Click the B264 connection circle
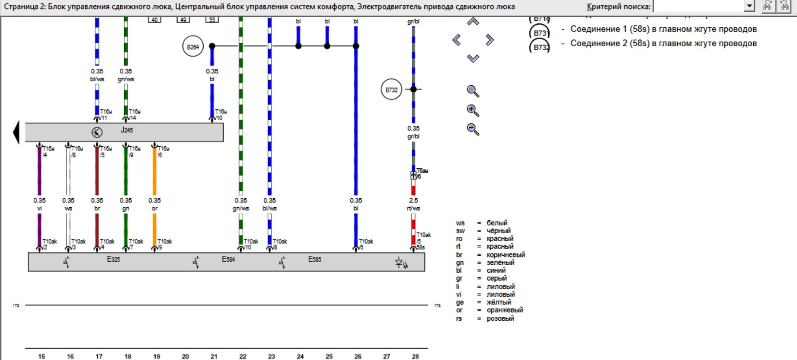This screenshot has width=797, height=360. [193, 47]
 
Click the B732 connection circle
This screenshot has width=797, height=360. [391, 90]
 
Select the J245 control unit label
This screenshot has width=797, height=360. [127, 130]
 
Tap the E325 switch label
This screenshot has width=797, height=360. [113, 259]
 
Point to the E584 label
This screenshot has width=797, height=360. [228, 259]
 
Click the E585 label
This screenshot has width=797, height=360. [314, 259]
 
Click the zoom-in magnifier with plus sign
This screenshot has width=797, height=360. [473, 110]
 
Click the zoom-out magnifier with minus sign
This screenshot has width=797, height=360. [473, 129]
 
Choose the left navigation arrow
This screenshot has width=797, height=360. [457, 40]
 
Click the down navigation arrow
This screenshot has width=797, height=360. [473, 58]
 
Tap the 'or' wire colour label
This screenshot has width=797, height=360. [154, 209]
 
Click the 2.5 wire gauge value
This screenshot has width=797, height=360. [413, 200]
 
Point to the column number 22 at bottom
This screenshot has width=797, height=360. [243, 357]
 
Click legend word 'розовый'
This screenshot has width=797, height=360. [500, 318]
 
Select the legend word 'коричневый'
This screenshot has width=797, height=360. [506, 255]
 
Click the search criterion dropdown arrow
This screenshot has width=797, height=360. [749, 6]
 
